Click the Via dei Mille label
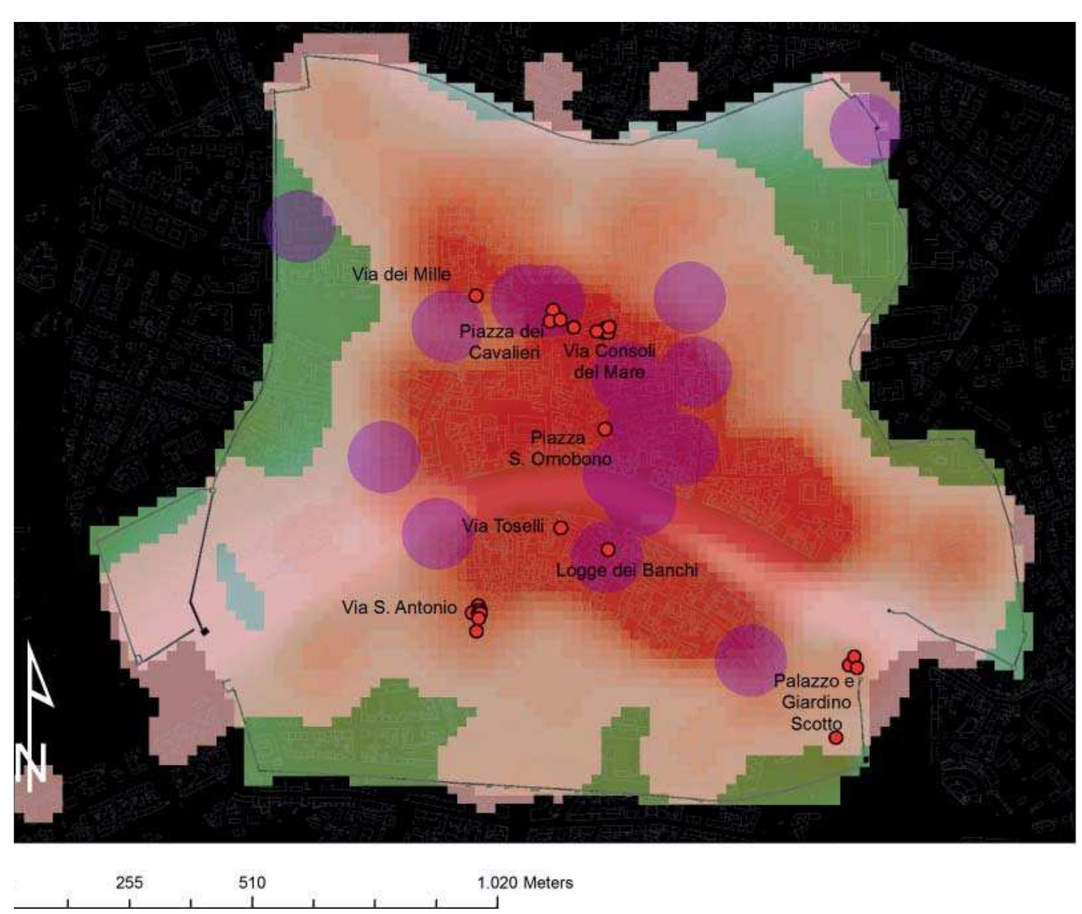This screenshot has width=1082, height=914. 401,275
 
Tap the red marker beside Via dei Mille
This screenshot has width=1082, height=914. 476,295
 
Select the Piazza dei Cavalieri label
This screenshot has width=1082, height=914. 502,342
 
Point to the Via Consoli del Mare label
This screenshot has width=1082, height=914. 609,361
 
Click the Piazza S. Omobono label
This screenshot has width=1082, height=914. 560,448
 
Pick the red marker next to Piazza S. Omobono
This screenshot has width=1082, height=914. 605,429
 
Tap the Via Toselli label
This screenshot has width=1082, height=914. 502,526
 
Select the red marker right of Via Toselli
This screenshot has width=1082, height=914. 560,528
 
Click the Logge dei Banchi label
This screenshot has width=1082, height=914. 627,571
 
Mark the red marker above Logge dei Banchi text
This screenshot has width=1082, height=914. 608,549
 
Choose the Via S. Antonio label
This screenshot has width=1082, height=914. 399,608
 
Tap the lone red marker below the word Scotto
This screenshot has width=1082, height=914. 836,737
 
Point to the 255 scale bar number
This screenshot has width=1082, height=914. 129,882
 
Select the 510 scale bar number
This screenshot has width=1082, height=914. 252,882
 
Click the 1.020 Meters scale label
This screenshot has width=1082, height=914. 525,882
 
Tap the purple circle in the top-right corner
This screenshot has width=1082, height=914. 865,129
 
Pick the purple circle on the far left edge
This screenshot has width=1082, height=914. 299,226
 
